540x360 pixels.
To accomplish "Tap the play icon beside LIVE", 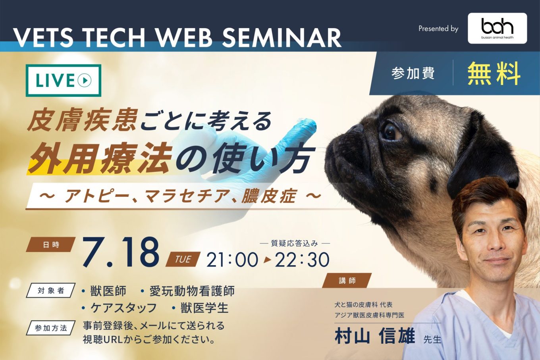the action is click(x=84, y=80).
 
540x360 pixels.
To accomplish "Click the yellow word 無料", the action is click(x=494, y=73).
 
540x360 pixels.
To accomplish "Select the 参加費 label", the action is click(x=413, y=73).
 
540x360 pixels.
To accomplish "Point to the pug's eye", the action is click(x=391, y=132).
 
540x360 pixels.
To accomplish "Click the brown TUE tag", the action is click(x=183, y=259).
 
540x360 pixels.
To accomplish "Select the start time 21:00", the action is click(x=232, y=260).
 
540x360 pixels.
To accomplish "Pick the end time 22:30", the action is click(x=302, y=260).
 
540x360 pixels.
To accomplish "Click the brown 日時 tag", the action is click(x=51, y=244).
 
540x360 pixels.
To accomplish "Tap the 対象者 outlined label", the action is click(x=51, y=291).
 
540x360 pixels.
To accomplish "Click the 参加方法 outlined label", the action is click(x=51, y=328).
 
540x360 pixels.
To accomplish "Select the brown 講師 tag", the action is click(x=347, y=281).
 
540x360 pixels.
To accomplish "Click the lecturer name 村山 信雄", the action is click(x=375, y=336).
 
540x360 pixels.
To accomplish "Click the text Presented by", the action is click(x=438, y=29).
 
